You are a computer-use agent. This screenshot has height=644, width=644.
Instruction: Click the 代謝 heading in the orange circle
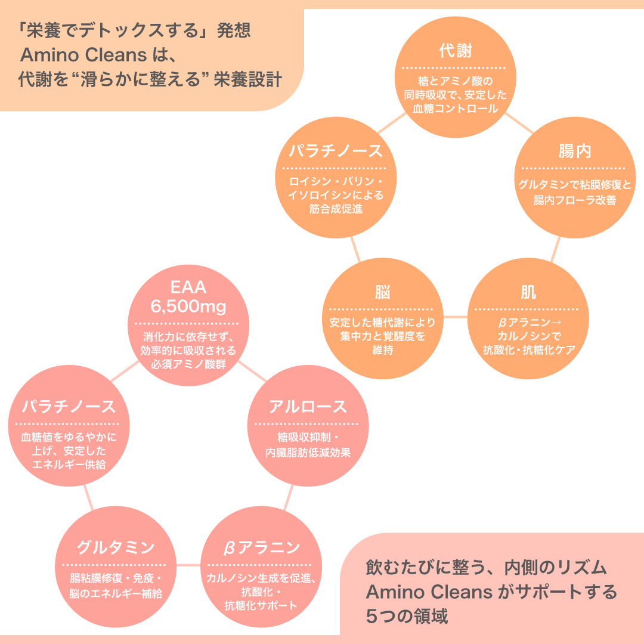coord(455,51)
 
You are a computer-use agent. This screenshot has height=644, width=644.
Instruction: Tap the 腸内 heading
coord(574,151)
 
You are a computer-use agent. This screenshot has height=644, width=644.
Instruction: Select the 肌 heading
coord(528,292)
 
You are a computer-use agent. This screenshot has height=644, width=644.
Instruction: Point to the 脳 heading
coord(382,292)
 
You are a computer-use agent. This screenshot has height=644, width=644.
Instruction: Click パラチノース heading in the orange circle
coord(336,151)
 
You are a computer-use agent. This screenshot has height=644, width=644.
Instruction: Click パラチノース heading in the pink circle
coord(69,407)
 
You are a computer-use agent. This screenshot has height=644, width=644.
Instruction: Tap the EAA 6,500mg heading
coord(188,297)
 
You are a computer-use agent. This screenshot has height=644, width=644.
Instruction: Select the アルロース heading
coord(307,407)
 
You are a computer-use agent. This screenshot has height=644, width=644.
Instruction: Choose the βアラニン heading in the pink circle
coord(261,547)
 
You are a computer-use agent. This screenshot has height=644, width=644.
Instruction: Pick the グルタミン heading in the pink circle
coord(115,547)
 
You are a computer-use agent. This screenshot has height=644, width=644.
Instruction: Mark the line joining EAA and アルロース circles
coord(252,370)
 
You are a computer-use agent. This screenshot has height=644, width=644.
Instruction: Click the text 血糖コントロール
coord(455,109)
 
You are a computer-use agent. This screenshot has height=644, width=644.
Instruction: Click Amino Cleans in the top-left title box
coord(83,55)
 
